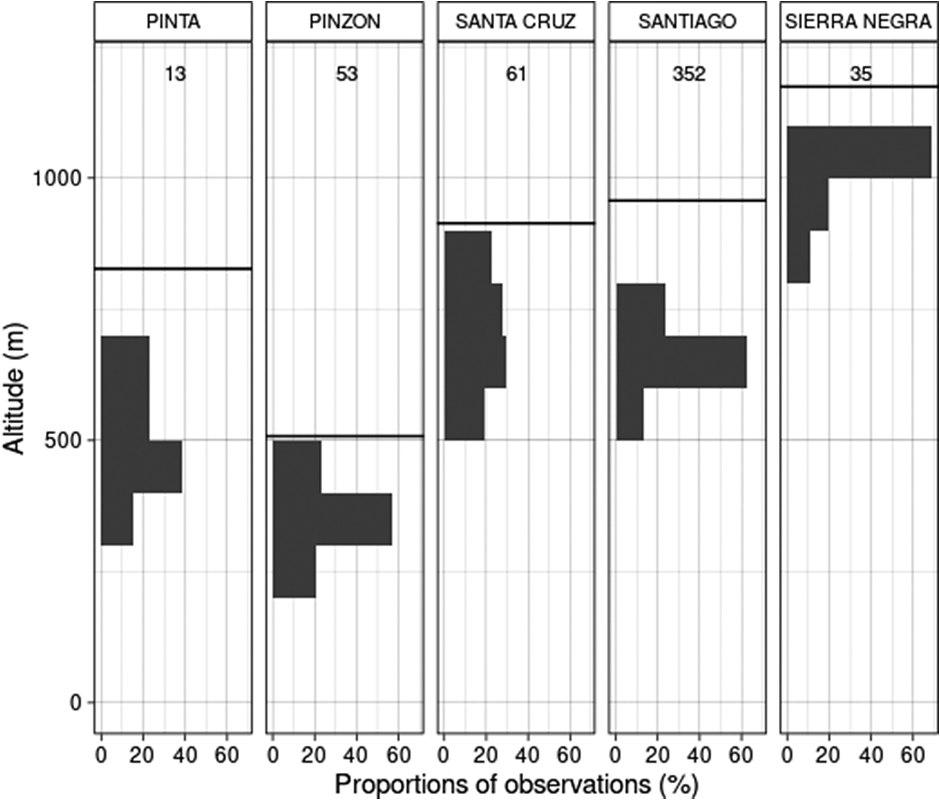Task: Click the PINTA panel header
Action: [173, 22]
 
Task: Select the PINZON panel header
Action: [345, 22]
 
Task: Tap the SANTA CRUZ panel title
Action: [515, 22]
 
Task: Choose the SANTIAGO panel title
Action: [687, 22]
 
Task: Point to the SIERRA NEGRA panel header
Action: [858, 22]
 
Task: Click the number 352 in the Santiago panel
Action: [688, 75]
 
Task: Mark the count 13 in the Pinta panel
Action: [174, 75]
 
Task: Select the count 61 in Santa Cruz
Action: [516, 75]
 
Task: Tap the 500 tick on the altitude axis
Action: [63, 441]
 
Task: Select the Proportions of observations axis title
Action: [516, 784]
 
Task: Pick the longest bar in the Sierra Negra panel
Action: [858, 152]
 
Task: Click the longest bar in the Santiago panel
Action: [681, 362]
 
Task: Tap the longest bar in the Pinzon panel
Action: [332, 519]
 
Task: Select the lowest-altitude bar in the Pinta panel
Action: [117, 519]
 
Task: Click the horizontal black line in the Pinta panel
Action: [173, 269]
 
